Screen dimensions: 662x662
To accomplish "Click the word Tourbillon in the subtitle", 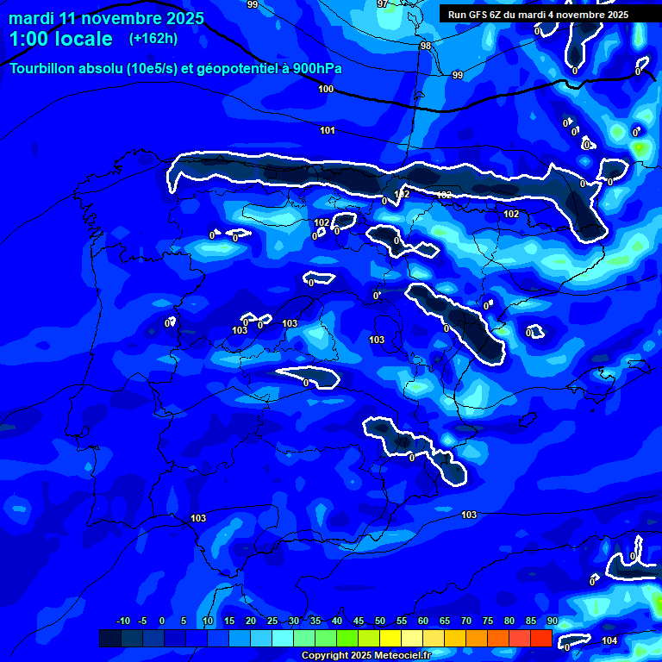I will pyautogui.click(x=43, y=68).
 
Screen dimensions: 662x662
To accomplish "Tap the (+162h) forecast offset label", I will pyautogui.click(x=153, y=39).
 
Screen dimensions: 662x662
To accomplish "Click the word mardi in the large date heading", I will pyautogui.click(x=31, y=17).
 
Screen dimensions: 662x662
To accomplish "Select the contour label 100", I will pyautogui.click(x=326, y=89).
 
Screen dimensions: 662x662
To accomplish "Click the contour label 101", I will pyautogui.click(x=328, y=130).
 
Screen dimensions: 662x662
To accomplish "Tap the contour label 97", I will pyautogui.click(x=383, y=4).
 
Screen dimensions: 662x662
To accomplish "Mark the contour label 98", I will pyautogui.click(x=426, y=46).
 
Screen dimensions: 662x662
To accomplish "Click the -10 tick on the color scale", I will pyautogui.click(x=122, y=621).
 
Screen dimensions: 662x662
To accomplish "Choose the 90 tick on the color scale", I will pyautogui.click(x=552, y=621).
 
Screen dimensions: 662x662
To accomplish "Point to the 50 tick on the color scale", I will pyautogui.click(x=380, y=621).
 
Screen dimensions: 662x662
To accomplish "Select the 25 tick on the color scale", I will pyautogui.click(x=272, y=621).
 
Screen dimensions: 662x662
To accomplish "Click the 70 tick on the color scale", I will pyautogui.click(x=466, y=621).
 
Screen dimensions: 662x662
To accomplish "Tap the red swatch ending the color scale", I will pyautogui.click(x=540, y=638).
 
